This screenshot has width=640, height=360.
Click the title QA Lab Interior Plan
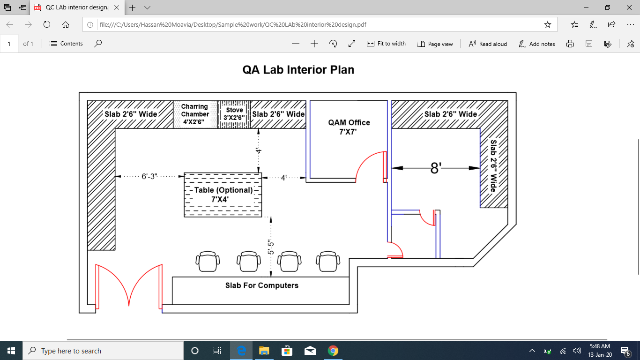click(298, 70)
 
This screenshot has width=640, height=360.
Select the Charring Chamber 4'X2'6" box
click(195, 114)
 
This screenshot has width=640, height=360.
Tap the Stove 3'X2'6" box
click(234, 114)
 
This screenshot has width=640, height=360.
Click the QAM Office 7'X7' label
click(349, 127)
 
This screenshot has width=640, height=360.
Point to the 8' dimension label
click(436, 168)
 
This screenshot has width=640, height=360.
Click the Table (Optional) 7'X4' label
click(223, 195)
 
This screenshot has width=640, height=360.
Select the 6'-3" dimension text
click(149, 177)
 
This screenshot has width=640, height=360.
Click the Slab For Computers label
click(261, 285)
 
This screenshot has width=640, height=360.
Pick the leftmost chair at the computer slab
click(208, 261)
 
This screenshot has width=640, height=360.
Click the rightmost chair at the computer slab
click(327, 261)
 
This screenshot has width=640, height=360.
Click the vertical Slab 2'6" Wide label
click(493, 166)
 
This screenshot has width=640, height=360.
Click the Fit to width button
click(386, 44)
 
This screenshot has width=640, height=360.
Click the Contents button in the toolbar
click(66, 44)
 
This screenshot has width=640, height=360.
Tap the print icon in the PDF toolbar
click(570, 44)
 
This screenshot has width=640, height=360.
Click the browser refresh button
click(46, 24)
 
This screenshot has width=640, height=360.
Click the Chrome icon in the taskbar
click(333, 351)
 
